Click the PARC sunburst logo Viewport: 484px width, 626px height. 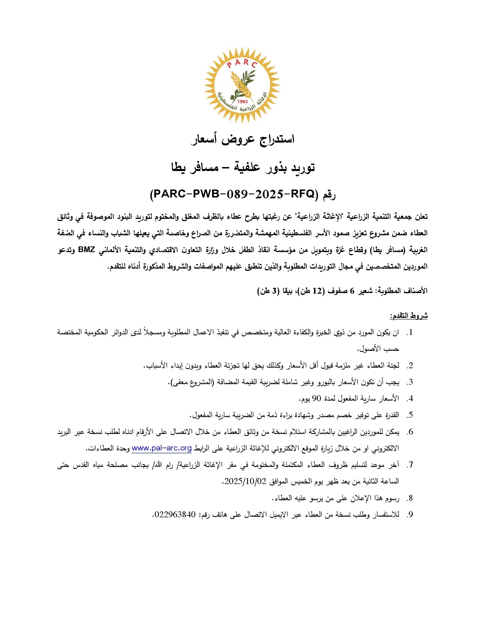pos(242,85)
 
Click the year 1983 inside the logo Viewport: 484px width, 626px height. pos(242,101)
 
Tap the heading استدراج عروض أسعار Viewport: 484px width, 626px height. pos(242,140)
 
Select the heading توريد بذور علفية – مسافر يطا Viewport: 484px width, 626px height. pos(242,167)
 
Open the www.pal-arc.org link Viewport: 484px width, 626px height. pos(161,448)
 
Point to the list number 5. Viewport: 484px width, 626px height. pos(411,415)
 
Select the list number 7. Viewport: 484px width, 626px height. pos(411,465)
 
